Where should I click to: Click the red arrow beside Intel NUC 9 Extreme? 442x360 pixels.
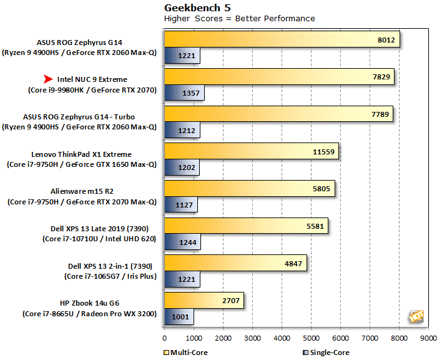(49, 79)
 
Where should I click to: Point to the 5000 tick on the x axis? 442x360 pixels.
(311, 337)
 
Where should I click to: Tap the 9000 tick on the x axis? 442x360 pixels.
(428, 337)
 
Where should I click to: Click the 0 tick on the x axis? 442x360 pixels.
(164, 337)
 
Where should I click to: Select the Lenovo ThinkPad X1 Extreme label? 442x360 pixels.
(82, 154)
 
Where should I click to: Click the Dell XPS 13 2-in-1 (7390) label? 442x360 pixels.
(82, 265)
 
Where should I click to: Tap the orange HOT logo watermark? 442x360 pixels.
(416, 316)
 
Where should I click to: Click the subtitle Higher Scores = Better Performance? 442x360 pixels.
(239, 19)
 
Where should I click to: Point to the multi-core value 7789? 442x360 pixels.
(376, 114)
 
